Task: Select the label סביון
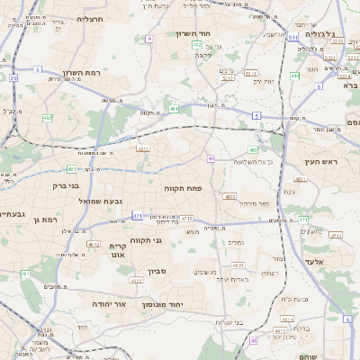[x=158, y=270]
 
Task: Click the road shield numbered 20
[x=13, y=78]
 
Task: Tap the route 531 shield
[x=293, y=38]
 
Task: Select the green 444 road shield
[x=294, y=76]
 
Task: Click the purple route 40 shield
[x=211, y=158]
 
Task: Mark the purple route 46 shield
[x=255, y=341]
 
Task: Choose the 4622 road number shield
[x=136, y=281]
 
